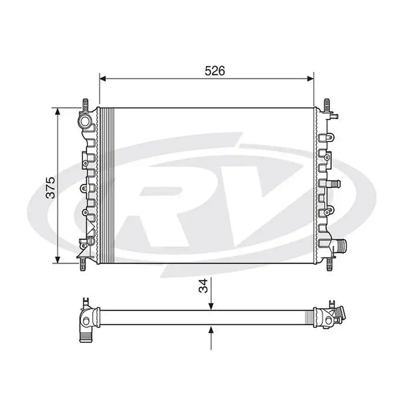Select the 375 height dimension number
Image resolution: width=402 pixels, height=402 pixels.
click(x=50, y=187)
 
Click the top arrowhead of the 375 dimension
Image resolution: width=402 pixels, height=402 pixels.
click(x=58, y=111)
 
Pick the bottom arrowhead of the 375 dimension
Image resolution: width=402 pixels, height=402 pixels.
click(x=58, y=260)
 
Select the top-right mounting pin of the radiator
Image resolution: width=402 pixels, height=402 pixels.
click(x=326, y=105)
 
